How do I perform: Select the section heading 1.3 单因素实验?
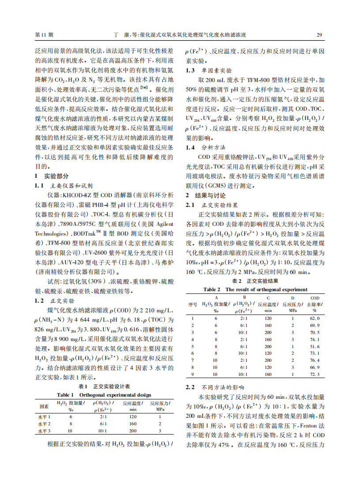pos(209,71)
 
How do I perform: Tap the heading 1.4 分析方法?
pos(206,147)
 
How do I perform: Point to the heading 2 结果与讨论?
pos(205,195)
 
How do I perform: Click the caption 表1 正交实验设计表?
pos(104,386)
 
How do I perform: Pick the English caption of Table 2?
pos(255,289)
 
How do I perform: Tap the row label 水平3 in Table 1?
pos(44,431)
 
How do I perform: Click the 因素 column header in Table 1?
pos(44,406)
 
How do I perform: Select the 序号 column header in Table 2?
pos(192,304)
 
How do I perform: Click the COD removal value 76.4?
pos(315,360)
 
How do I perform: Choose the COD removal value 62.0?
pos(315,318)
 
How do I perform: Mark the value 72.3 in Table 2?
pos(315,374)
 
